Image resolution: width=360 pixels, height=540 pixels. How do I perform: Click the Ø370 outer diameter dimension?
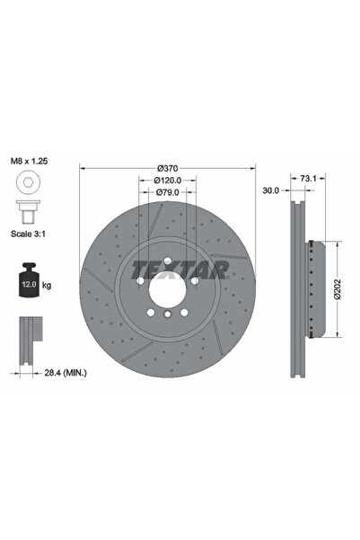(x=169, y=168)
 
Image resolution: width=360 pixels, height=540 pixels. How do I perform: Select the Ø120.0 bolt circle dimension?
(x=169, y=180)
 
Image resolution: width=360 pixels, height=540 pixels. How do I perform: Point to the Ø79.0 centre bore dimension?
(x=169, y=191)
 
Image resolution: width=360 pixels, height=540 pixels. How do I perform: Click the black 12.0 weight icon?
(x=28, y=280)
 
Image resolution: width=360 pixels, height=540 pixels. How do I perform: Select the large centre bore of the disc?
(x=169, y=292)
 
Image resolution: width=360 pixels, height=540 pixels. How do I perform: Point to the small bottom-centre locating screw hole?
(x=169, y=321)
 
